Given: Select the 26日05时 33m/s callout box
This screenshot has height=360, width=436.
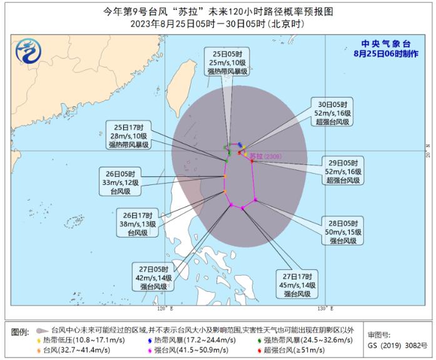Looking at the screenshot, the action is point(125,182).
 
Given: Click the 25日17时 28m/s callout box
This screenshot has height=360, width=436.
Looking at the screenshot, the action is point(127,135).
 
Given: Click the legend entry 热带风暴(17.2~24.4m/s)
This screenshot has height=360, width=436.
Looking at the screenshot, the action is point(196,340).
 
